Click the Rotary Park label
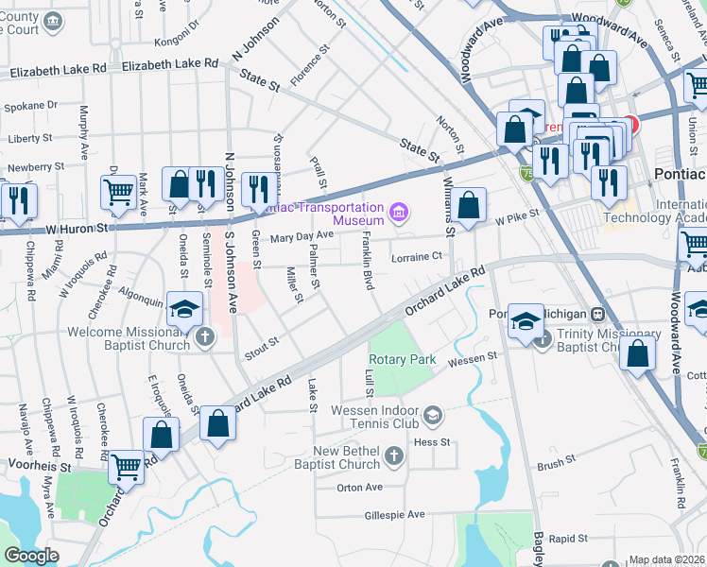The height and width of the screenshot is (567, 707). click(x=402, y=359)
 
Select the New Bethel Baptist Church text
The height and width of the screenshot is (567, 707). click(x=346, y=457)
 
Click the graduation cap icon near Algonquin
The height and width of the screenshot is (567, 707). click(x=185, y=308)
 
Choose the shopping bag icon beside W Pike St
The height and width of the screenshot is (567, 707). click(x=468, y=204)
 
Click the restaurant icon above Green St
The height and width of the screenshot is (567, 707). click(x=257, y=189)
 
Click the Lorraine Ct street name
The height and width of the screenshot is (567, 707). click(x=417, y=256)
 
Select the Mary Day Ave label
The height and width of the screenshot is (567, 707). click(x=302, y=235)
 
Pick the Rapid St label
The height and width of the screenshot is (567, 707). click(x=568, y=539)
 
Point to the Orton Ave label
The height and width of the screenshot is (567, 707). click(x=359, y=488)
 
